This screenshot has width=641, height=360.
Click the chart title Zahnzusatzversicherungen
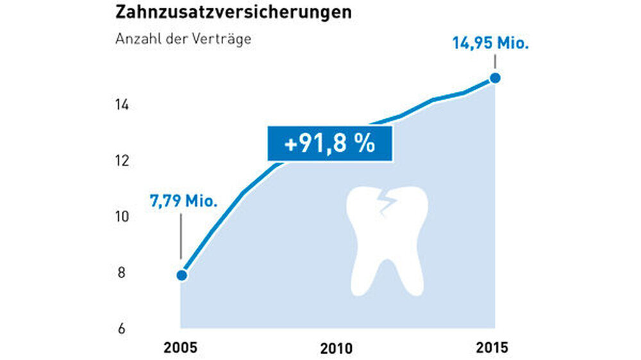233,13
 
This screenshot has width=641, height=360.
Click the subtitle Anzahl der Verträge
183,38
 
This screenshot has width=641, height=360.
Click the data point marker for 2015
495,78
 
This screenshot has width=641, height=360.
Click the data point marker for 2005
181,275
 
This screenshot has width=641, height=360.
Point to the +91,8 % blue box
329,144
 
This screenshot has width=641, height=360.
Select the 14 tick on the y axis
122,104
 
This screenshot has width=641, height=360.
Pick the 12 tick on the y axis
122,161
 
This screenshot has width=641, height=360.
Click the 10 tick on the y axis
122,217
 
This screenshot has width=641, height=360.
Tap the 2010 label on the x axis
337,349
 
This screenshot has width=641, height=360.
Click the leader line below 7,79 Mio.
181,236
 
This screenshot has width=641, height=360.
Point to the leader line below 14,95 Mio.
495,63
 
